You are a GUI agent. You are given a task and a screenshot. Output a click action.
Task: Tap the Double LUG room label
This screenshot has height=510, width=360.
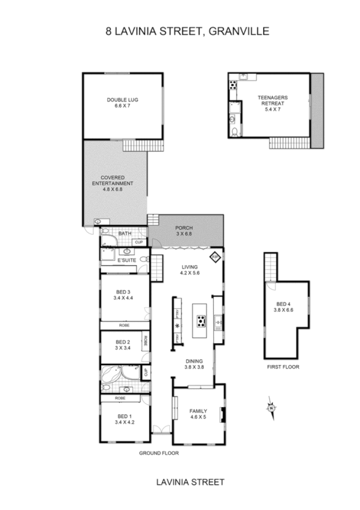point(122,103)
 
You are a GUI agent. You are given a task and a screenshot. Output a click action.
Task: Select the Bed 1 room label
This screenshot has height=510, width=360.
point(124,419)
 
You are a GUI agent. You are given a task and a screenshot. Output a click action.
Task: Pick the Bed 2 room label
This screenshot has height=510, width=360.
point(123,344)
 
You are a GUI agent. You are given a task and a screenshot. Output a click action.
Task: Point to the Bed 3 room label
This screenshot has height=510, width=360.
point(123,295)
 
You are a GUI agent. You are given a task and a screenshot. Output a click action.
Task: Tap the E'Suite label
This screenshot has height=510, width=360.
point(126,261)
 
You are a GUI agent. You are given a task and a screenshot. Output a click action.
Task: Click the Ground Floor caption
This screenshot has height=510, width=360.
point(159,453)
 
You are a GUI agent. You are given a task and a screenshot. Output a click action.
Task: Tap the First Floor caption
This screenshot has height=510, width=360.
point(283,366)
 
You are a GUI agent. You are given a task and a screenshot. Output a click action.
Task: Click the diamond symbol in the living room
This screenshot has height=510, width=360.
point(215,257)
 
